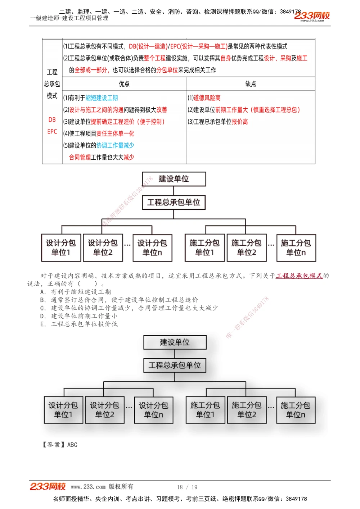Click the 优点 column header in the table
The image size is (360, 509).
[124, 84]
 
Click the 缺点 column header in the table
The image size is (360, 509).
[251, 84]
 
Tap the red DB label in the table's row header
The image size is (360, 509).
[52, 120]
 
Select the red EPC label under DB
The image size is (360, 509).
[52, 132]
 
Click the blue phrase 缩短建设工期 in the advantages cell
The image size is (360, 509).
[102, 98]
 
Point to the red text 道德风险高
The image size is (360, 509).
[207, 98]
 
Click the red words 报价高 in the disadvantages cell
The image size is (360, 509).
[240, 122]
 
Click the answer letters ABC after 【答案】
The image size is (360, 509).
[72, 445]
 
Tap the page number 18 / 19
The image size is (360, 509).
[187, 487]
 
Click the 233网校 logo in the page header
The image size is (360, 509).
[312, 16]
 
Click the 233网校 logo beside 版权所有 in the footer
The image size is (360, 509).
[48, 486]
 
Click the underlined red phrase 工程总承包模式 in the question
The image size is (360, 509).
[299, 276]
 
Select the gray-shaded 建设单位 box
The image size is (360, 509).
[175, 342]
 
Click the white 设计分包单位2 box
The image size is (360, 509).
[103, 247]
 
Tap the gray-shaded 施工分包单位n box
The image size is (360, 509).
[296, 410]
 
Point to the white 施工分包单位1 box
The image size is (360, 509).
[204, 247]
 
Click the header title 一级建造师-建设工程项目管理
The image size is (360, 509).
[69, 18]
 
